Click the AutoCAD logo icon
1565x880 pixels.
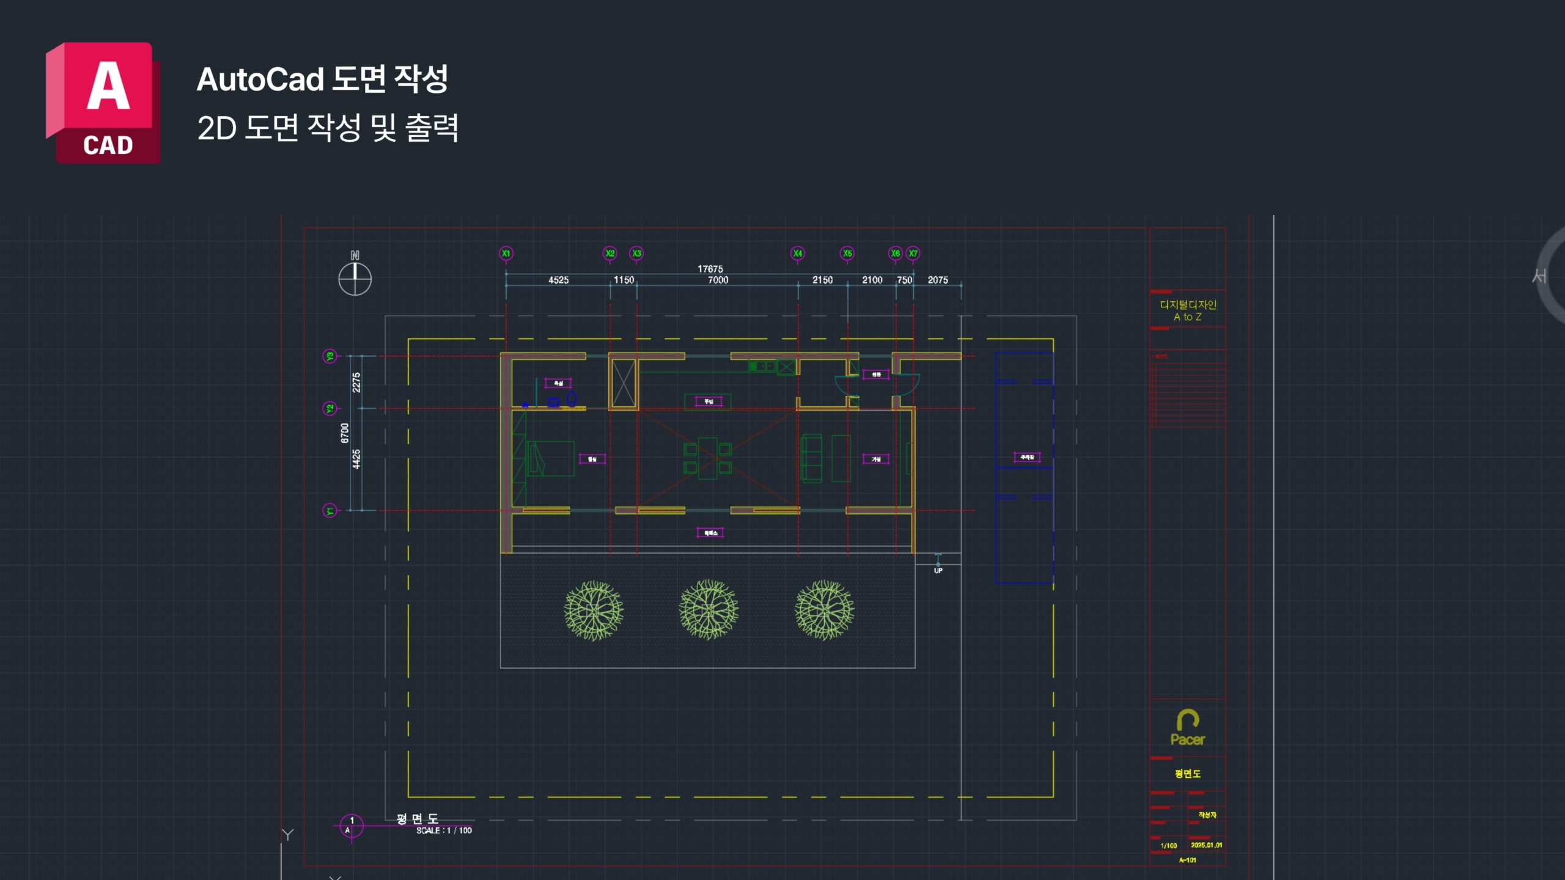tap(103, 103)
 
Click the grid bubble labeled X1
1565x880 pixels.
tap(506, 253)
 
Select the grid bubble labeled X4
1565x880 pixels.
tap(797, 253)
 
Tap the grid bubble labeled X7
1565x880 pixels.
tap(913, 253)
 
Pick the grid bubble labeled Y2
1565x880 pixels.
tap(330, 408)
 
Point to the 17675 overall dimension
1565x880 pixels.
tap(710, 269)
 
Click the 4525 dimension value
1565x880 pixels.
tap(558, 280)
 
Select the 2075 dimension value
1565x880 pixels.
tap(938, 280)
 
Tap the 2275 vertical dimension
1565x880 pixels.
tap(356, 383)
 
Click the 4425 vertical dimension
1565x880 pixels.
tap(356, 459)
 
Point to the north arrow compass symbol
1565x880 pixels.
tap(355, 278)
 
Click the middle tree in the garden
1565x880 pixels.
tap(709, 610)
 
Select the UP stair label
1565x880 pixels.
tap(938, 570)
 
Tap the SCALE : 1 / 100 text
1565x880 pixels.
tap(444, 831)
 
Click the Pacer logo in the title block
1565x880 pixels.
tap(1187, 728)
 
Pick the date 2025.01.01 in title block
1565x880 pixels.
tap(1206, 845)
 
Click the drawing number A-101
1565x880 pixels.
tap(1187, 860)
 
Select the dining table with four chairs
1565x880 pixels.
tap(707, 458)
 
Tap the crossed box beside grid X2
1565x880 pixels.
tap(624, 383)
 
